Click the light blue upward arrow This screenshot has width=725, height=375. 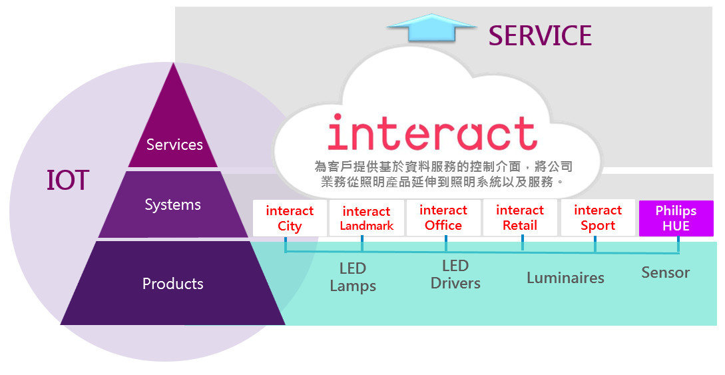(431, 31)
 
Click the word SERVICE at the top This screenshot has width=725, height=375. (540, 35)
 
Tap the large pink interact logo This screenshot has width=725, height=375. (433, 133)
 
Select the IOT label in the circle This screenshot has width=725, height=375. (67, 181)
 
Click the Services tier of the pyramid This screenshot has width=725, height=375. (174, 144)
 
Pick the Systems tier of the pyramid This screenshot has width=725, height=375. (173, 204)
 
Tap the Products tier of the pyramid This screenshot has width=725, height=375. (173, 284)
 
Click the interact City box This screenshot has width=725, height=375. (290, 218)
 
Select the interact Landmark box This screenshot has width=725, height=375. (366, 218)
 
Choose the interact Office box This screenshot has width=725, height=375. (443, 218)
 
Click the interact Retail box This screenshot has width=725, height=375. (520, 218)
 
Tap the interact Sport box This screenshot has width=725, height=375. (598, 218)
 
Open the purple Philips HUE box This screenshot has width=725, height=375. (676, 218)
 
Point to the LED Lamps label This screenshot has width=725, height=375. (353, 277)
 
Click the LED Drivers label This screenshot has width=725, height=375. (455, 274)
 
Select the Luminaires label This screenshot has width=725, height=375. (565, 278)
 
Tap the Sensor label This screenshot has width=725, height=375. (665, 272)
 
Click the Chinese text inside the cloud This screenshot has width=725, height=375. (443, 173)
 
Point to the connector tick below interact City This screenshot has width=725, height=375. (286, 244)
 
